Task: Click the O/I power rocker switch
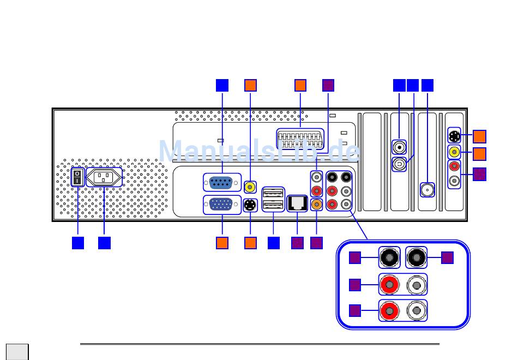77,177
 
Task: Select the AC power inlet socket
104,177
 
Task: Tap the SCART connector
300,139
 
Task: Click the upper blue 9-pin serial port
221,183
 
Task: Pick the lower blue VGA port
221,205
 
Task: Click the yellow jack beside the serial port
250,187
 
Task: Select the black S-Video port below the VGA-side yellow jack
250,205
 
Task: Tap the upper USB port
273,193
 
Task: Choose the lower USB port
273,205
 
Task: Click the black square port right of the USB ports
297,203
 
